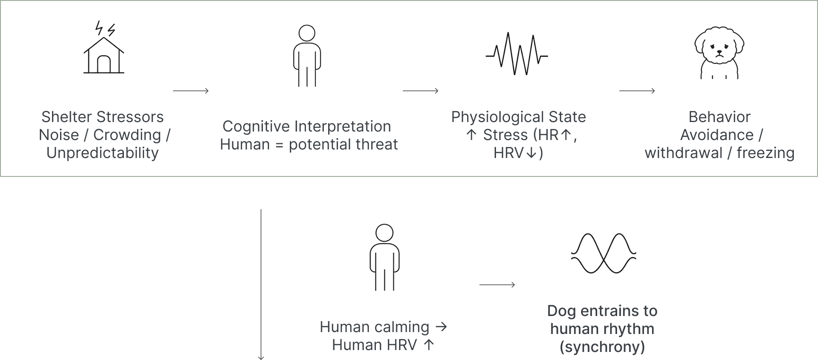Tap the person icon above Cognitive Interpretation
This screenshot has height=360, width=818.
click(307, 56)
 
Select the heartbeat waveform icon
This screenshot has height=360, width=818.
click(517, 54)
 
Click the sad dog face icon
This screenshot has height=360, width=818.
click(719, 53)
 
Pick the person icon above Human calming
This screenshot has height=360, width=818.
click(384, 257)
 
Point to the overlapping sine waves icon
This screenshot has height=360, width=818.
click(603, 254)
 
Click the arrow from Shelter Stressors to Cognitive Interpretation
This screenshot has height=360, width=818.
click(191, 91)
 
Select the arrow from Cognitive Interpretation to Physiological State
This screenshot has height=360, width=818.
click(421, 91)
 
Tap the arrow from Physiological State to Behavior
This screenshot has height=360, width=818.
click(637, 91)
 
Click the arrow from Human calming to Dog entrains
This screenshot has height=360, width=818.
click(497, 285)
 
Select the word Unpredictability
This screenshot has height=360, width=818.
click(103, 153)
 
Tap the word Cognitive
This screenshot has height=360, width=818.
click(256, 126)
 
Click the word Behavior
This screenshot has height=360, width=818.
click(719, 117)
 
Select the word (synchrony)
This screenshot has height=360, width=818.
click(602, 347)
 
